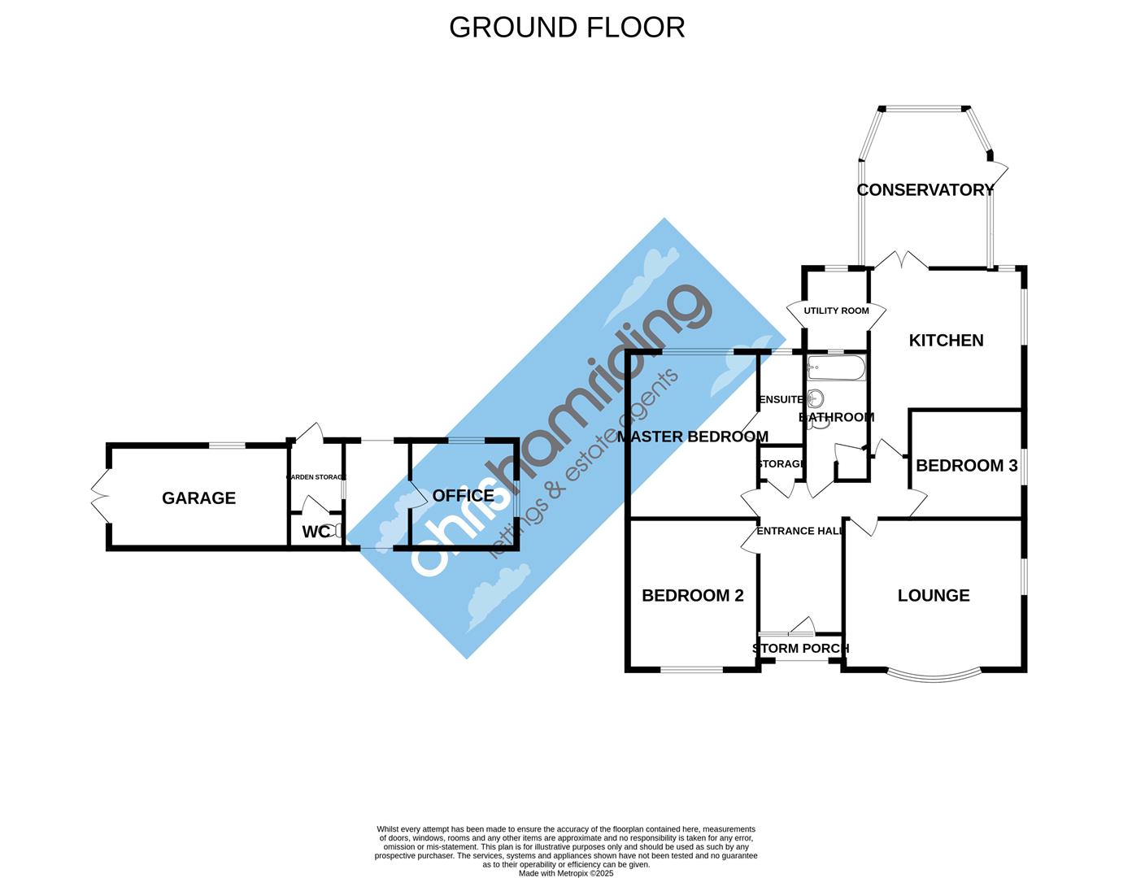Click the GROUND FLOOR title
click(567, 27)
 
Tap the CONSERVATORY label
click(925, 189)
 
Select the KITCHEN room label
click(946, 340)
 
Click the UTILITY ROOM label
click(836, 311)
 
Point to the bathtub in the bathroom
click(836, 368)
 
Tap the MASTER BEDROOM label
click(692, 437)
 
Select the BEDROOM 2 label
click(692, 595)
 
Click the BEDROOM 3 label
click(966, 465)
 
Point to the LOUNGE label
click(934, 595)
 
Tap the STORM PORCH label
click(800, 648)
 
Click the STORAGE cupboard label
click(781, 464)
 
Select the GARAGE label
click(198, 498)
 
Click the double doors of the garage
click(99, 496)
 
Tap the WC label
click(316, 532)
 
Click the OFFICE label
click(463, 495)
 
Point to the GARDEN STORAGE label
click(316, 477)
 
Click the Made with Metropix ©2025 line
click(566, 873)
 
